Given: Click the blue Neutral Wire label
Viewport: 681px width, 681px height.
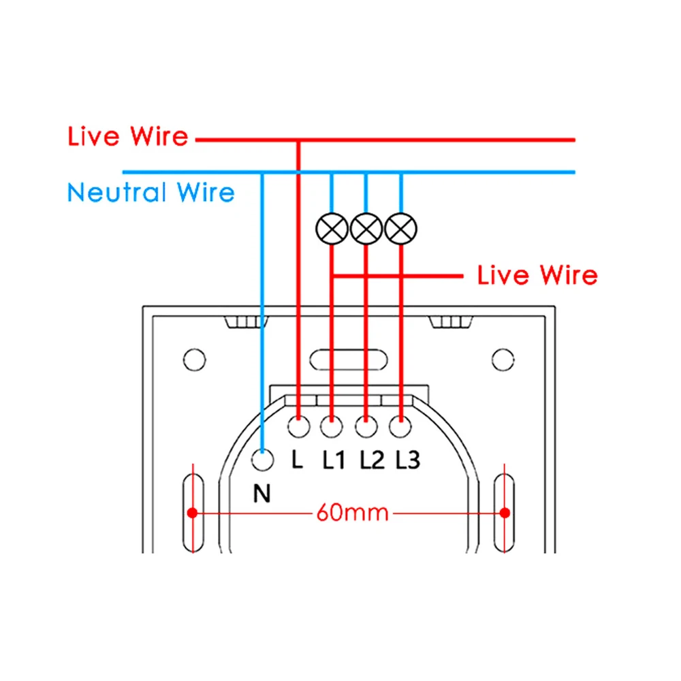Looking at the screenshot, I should click(x=151, y=192).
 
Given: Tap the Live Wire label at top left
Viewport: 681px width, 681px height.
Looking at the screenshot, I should click(x=127, y=136).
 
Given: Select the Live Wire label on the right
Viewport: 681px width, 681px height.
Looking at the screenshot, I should click(x=537, y=275).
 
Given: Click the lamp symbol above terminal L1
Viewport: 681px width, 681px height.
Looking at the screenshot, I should click(x=332, y=229).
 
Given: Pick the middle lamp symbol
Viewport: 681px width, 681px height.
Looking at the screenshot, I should click(x=366, y=229).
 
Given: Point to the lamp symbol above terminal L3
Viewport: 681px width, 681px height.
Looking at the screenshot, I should click(x=400, y=229).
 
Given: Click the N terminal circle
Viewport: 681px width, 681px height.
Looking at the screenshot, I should click(x=262, y=461).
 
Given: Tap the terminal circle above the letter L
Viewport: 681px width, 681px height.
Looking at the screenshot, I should click(x=298, y=427).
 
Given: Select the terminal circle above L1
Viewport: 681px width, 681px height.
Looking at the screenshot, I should click(x=332, y=427).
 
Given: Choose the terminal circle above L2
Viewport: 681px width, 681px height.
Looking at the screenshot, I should click(x=366, y=427).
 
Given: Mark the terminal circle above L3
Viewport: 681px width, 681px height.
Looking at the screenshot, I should click(x=400, y=427).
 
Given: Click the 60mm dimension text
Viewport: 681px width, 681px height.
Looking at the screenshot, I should click(x=352, y=512).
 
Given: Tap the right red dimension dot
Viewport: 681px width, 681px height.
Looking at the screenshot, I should click(x=505, y=513).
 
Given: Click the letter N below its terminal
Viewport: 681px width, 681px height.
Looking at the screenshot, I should click(x=262, y=494).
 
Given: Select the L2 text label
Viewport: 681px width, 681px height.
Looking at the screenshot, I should click(x=372, y=461).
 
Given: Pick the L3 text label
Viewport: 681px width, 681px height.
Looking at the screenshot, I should click(x=407, y=461).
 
